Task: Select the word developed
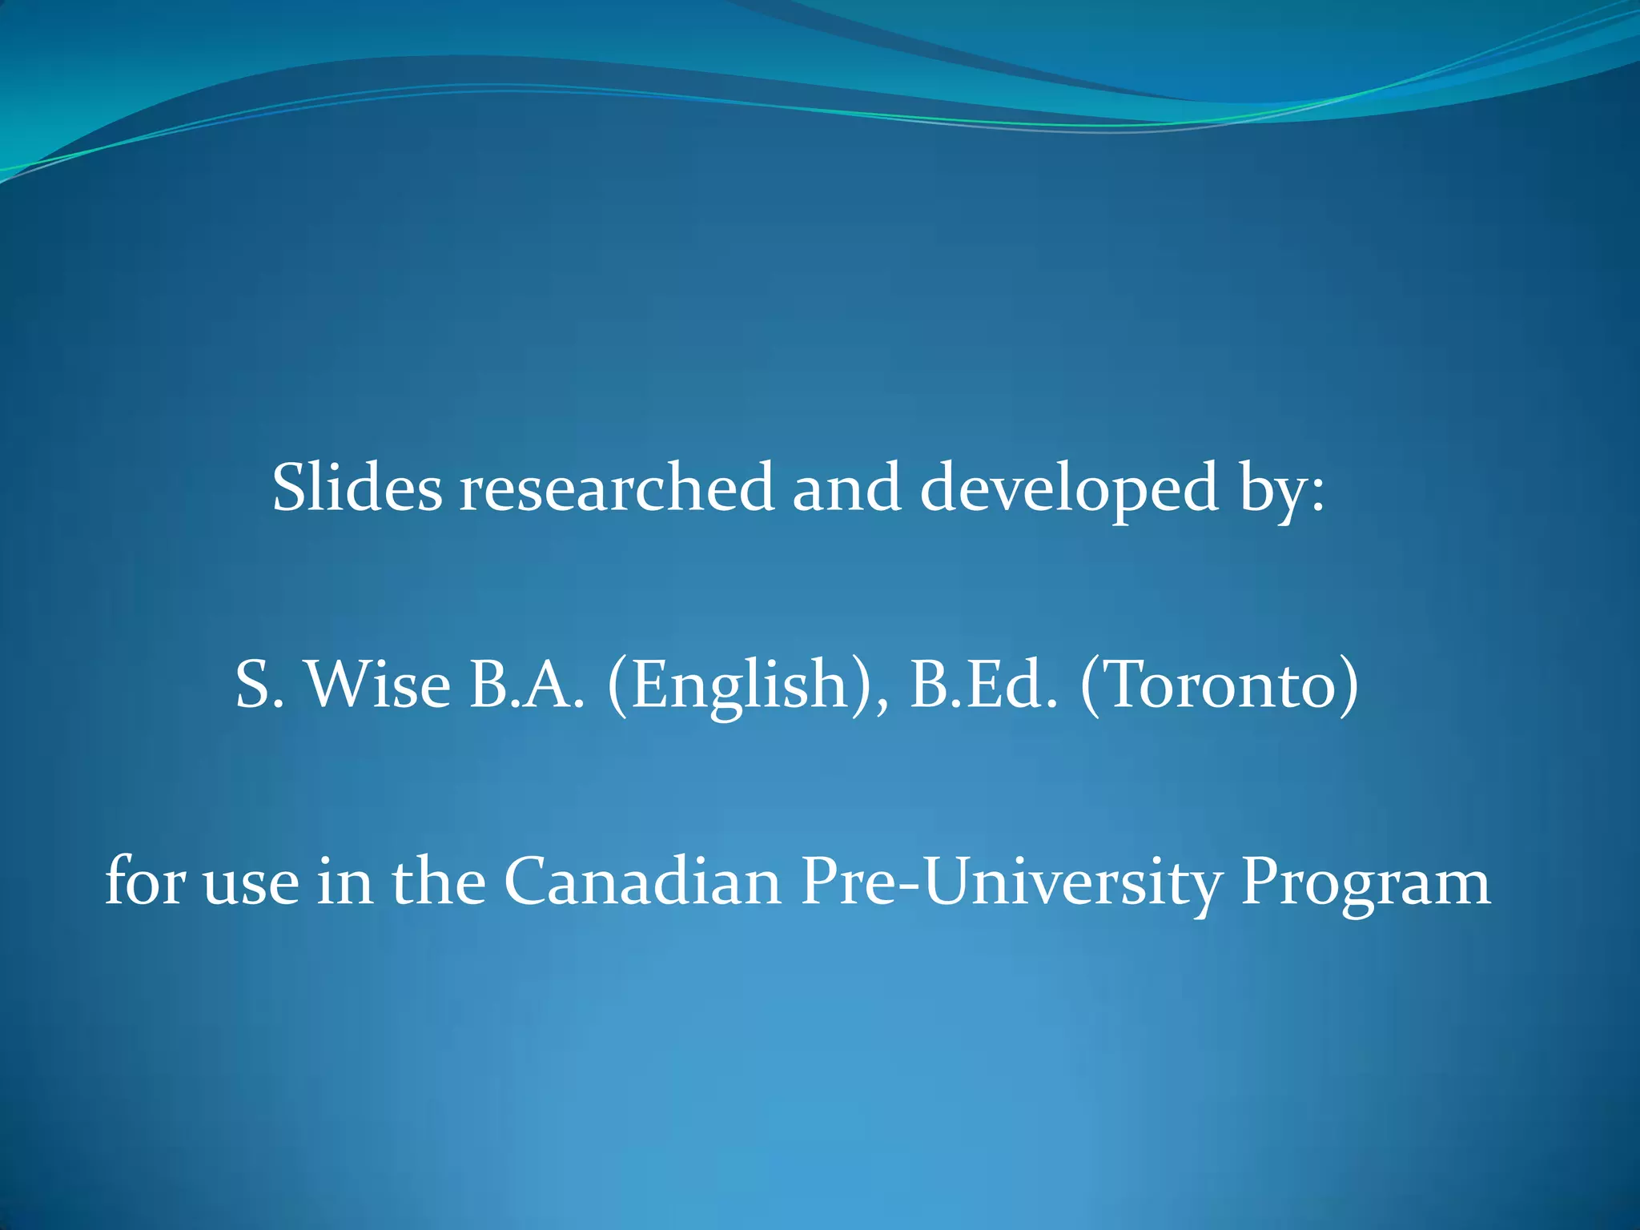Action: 1070,488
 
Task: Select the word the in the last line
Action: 438,881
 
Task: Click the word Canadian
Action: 642,881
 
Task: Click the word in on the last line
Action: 344,881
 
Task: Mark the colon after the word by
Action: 1317,495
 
